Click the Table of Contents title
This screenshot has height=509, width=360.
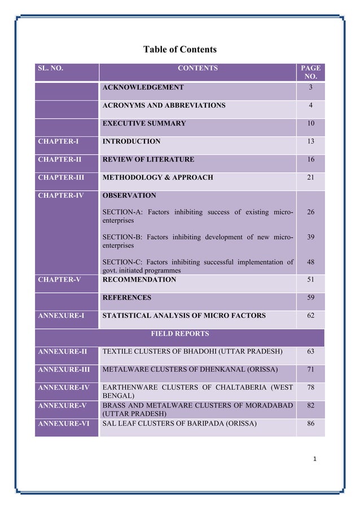click(x=179, y=50)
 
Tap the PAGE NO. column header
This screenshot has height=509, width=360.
click(x=310, y=72)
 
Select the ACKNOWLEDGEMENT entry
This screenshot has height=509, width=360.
click(x=143, y=87)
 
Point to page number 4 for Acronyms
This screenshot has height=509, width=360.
click(x=310, y=106)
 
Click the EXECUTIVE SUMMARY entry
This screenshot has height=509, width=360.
click(x=144, y=123)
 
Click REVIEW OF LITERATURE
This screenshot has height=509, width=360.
click(x=148, y=159)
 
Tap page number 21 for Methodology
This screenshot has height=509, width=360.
click(x=310, y=177)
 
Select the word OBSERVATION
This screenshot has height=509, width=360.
click(x=129, y=195)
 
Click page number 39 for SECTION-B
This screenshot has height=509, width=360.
click(x=310, y=238)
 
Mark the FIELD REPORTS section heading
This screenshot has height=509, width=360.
click(x=179, y=334)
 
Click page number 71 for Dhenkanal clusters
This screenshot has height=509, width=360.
click(x=310, y=370)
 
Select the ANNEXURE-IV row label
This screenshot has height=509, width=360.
click(x=63, y=388)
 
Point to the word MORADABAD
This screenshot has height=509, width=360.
click(x=265, y=406)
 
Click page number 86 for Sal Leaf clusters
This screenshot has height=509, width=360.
click(x=310, y=423)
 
